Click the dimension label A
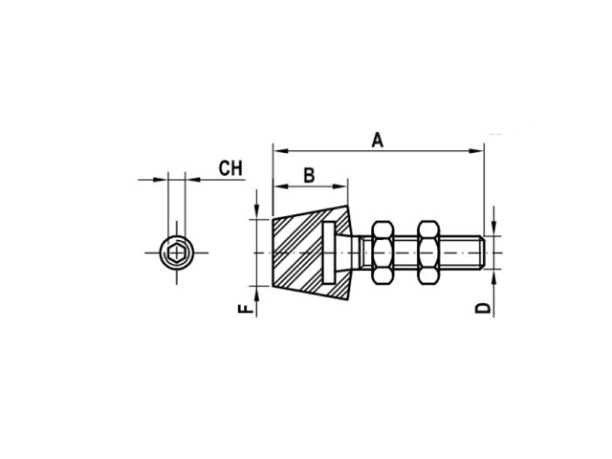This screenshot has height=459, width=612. (378, 141)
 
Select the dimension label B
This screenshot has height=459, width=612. (309, 175)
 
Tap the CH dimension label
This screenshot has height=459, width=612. (230, 168)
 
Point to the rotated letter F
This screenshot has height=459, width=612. (246, 309)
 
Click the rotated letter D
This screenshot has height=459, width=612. (483, 308)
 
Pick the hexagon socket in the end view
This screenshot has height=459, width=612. (176, 252)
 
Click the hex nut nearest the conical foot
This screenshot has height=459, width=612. (382, 252)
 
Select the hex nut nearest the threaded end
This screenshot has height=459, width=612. (428, 252)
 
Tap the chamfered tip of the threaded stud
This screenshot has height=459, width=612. (482, 252)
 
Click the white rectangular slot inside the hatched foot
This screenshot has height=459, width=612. (329, 252)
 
